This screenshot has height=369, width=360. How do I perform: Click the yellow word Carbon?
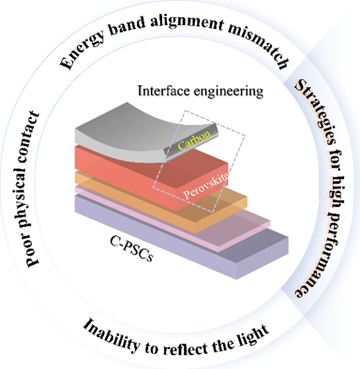pos(194,140)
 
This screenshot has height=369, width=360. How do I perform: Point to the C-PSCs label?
pos(132,249)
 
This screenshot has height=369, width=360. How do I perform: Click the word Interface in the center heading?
pos(163,91)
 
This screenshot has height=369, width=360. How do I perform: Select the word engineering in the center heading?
pos(228,91)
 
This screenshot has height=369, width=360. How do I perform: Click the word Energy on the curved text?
pos(81,51)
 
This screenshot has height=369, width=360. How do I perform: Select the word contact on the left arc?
pos(28,136)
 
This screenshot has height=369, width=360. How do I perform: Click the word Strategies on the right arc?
pos(315,112)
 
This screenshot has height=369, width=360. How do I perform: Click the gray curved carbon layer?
pos(132,132)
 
